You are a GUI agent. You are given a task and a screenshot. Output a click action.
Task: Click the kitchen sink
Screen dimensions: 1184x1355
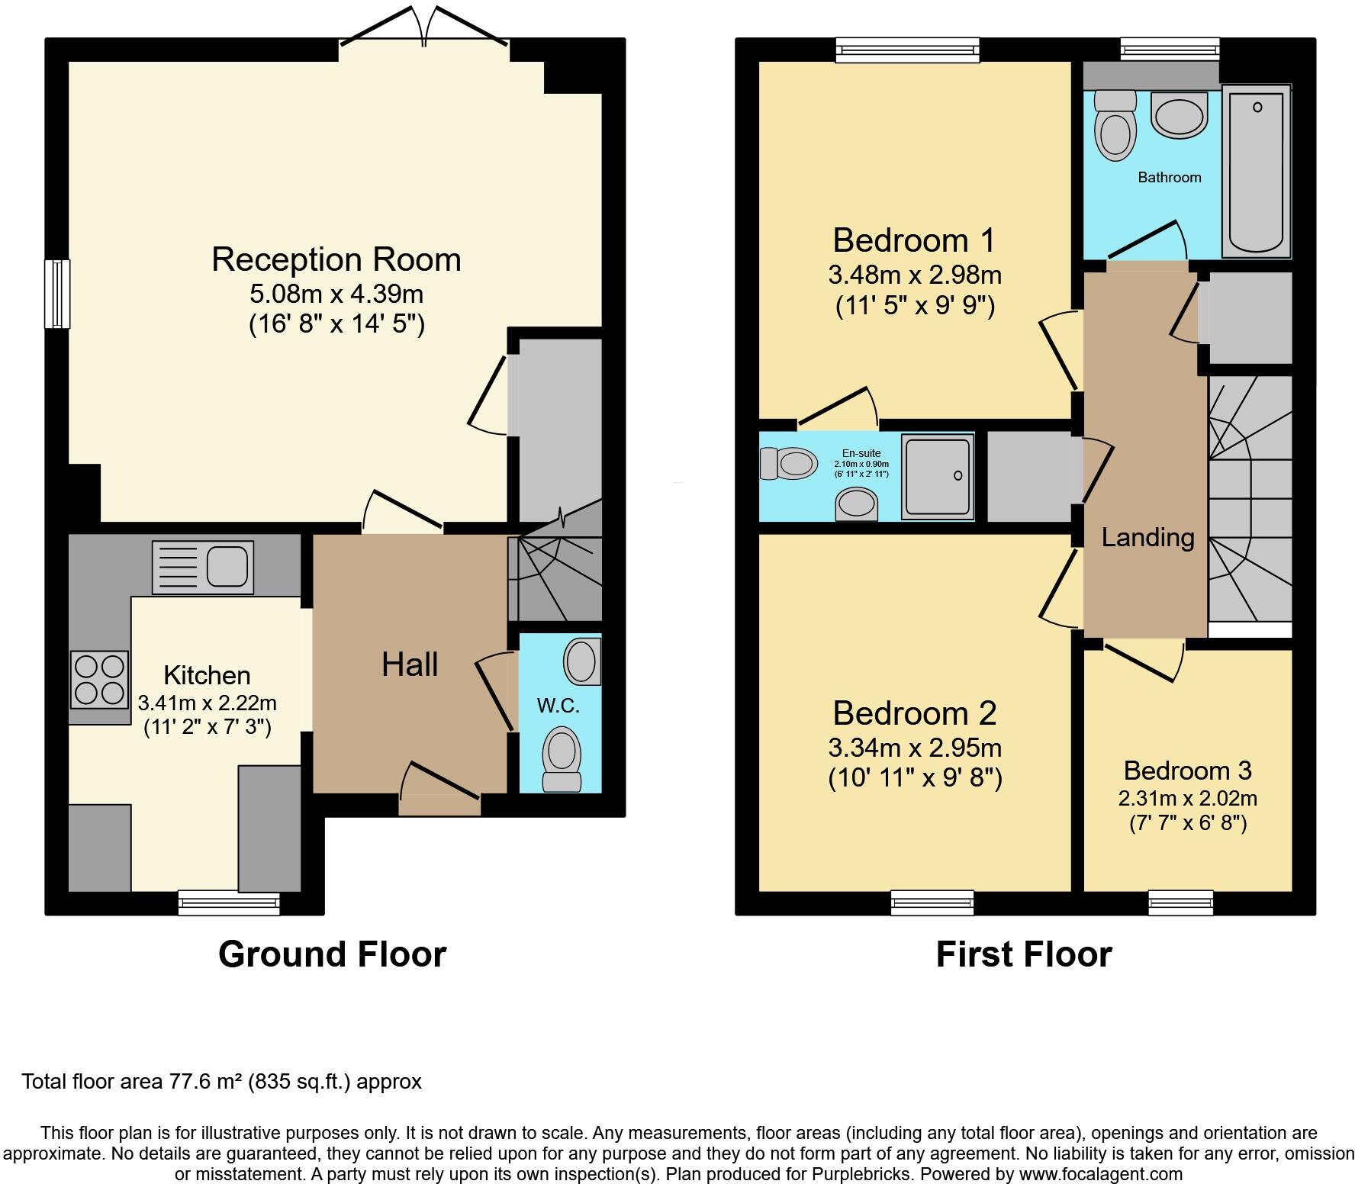point(203,567)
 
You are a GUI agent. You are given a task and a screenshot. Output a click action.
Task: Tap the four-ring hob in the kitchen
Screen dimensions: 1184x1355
point(99,680)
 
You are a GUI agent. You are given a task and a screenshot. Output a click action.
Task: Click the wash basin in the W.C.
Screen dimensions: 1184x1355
point(581,661)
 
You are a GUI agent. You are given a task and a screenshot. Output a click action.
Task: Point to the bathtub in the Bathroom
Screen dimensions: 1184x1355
point(1256,172)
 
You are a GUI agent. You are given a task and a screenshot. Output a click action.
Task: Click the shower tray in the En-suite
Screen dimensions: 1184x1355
point(938,477)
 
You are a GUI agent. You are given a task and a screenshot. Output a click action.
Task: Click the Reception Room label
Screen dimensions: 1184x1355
point(336,259)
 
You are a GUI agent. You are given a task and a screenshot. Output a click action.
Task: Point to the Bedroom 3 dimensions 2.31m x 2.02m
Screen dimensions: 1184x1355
point(1187,799)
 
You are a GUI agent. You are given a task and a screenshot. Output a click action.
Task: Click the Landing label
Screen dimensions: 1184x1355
point(1147,537)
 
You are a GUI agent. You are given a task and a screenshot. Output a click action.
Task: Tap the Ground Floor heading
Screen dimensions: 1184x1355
point(332,954)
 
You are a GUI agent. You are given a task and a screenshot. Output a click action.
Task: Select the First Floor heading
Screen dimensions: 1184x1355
point(1024,954)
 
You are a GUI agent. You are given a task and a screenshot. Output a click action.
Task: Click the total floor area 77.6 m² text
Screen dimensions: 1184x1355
point(221,1082)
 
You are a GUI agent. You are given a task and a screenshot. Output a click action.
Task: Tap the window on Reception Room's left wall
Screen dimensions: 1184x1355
point(57,294)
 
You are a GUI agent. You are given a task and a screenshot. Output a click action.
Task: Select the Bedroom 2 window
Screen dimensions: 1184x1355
point(932,903)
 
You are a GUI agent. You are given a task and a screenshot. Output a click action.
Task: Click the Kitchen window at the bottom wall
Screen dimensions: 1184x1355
point(229,903)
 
